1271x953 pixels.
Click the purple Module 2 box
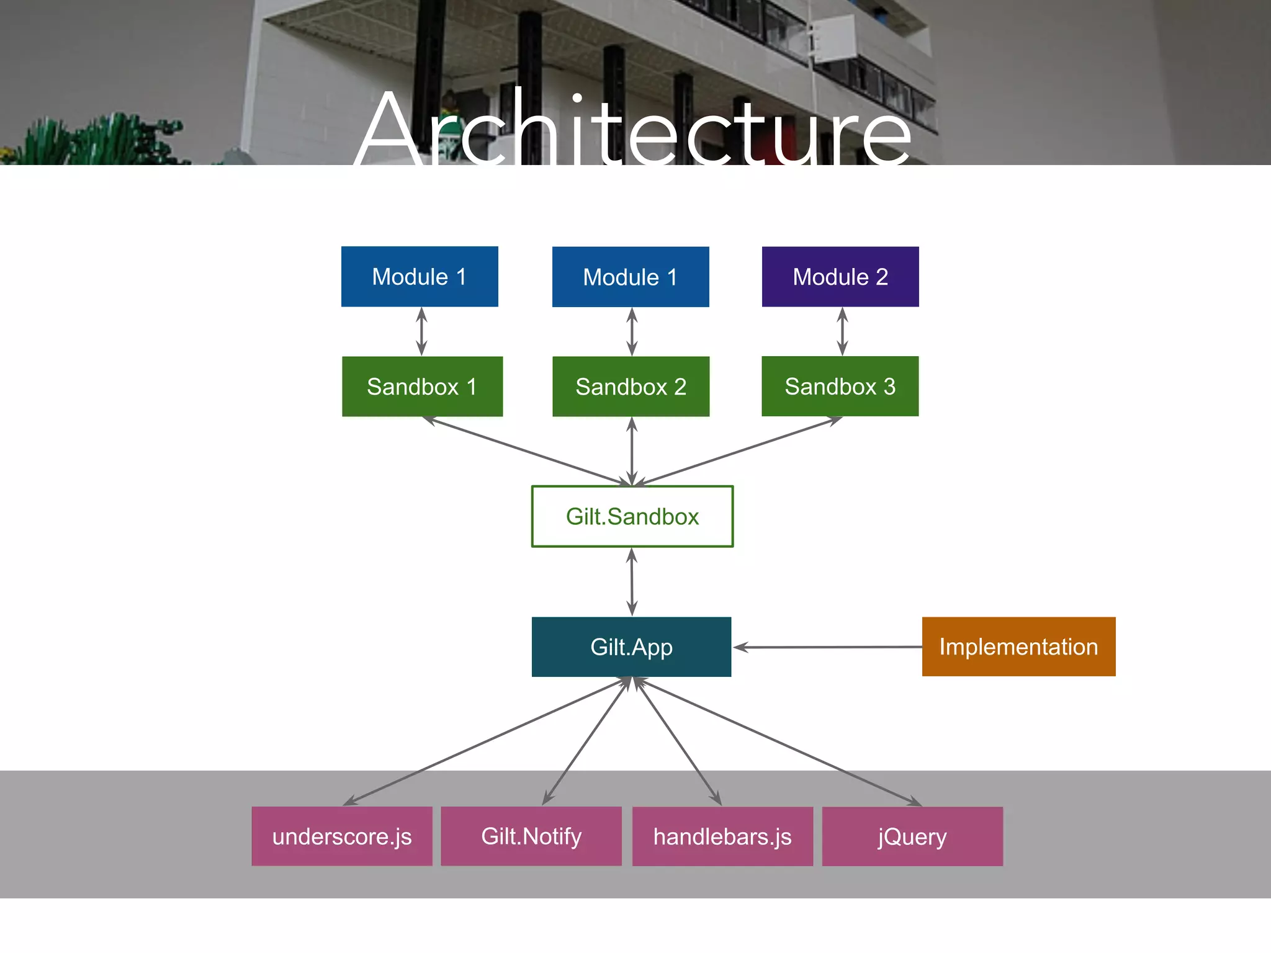pyautogui.click(x=840, y=277)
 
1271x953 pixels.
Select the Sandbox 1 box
pyautogui.click(x=422, y=387)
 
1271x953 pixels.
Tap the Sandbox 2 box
pyautogui.click(x=631, y=387)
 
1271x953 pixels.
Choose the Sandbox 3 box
pyautogui.click(x=840, y=386)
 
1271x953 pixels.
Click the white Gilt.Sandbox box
pyautogui.click(x=632, y=516)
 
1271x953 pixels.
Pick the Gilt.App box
pyautogui.click(x=631, y=647)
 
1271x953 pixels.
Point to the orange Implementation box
pyautogui.click(x=1018, y=647)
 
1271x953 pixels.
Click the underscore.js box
pyautogui.click(x=342, y=836)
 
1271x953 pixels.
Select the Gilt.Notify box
pyautogui.click(x=531, y=836)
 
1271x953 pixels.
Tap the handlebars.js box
pyautogui.click(x=722, y=836)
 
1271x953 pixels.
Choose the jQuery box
pyautogui.click(x=912, y=836)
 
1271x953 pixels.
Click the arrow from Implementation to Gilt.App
pyautogui.click(x=829, y=647)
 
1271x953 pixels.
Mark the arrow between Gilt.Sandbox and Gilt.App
pyautogui.click(x=632, y=582)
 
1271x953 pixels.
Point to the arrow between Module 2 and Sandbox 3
pyautogui.click(x=842, y=331)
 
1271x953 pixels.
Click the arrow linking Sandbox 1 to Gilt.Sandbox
pyautogui.click(x=528, y=452)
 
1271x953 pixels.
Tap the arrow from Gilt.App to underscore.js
pyautogui.click(x=487, y=741)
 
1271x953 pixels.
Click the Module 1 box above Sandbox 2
pyautogui.click(x=631, y=277)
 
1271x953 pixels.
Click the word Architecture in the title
pyautogui.click(x=633, y=130)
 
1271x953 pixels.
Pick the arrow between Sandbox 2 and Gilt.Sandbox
pyautogui.click(x=632, y=451)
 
